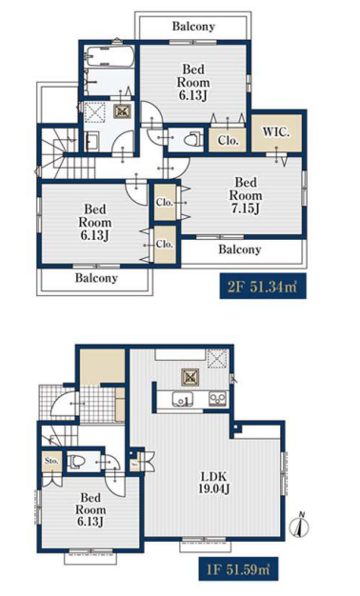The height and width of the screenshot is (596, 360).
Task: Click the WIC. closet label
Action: (276, 132)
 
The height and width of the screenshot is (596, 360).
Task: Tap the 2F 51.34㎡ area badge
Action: (263, 287)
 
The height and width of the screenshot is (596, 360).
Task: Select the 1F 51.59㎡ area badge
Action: (239, 569)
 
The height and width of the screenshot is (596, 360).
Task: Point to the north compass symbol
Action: (300, 526)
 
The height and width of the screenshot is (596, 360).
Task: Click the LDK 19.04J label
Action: (213, 483)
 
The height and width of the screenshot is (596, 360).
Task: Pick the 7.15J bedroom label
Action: (246, 195)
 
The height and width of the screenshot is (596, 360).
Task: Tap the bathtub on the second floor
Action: (109, 57)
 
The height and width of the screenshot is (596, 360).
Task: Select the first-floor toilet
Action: (76, 462)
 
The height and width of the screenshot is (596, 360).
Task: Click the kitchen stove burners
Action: (218, 399)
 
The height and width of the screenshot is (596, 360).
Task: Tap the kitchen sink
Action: (183, 400)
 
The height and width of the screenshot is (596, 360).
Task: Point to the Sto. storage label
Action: (51, 461)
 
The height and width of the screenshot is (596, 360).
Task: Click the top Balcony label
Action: (193, 27)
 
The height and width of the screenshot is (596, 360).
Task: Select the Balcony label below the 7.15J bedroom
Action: (240, 249)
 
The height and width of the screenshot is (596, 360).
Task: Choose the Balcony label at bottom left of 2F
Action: (96, 278)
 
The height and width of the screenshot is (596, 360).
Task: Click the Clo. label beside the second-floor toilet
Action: (228, 141)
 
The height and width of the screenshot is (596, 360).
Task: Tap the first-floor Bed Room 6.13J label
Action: (90, 509)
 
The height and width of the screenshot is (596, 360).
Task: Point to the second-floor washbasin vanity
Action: (91, 142)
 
